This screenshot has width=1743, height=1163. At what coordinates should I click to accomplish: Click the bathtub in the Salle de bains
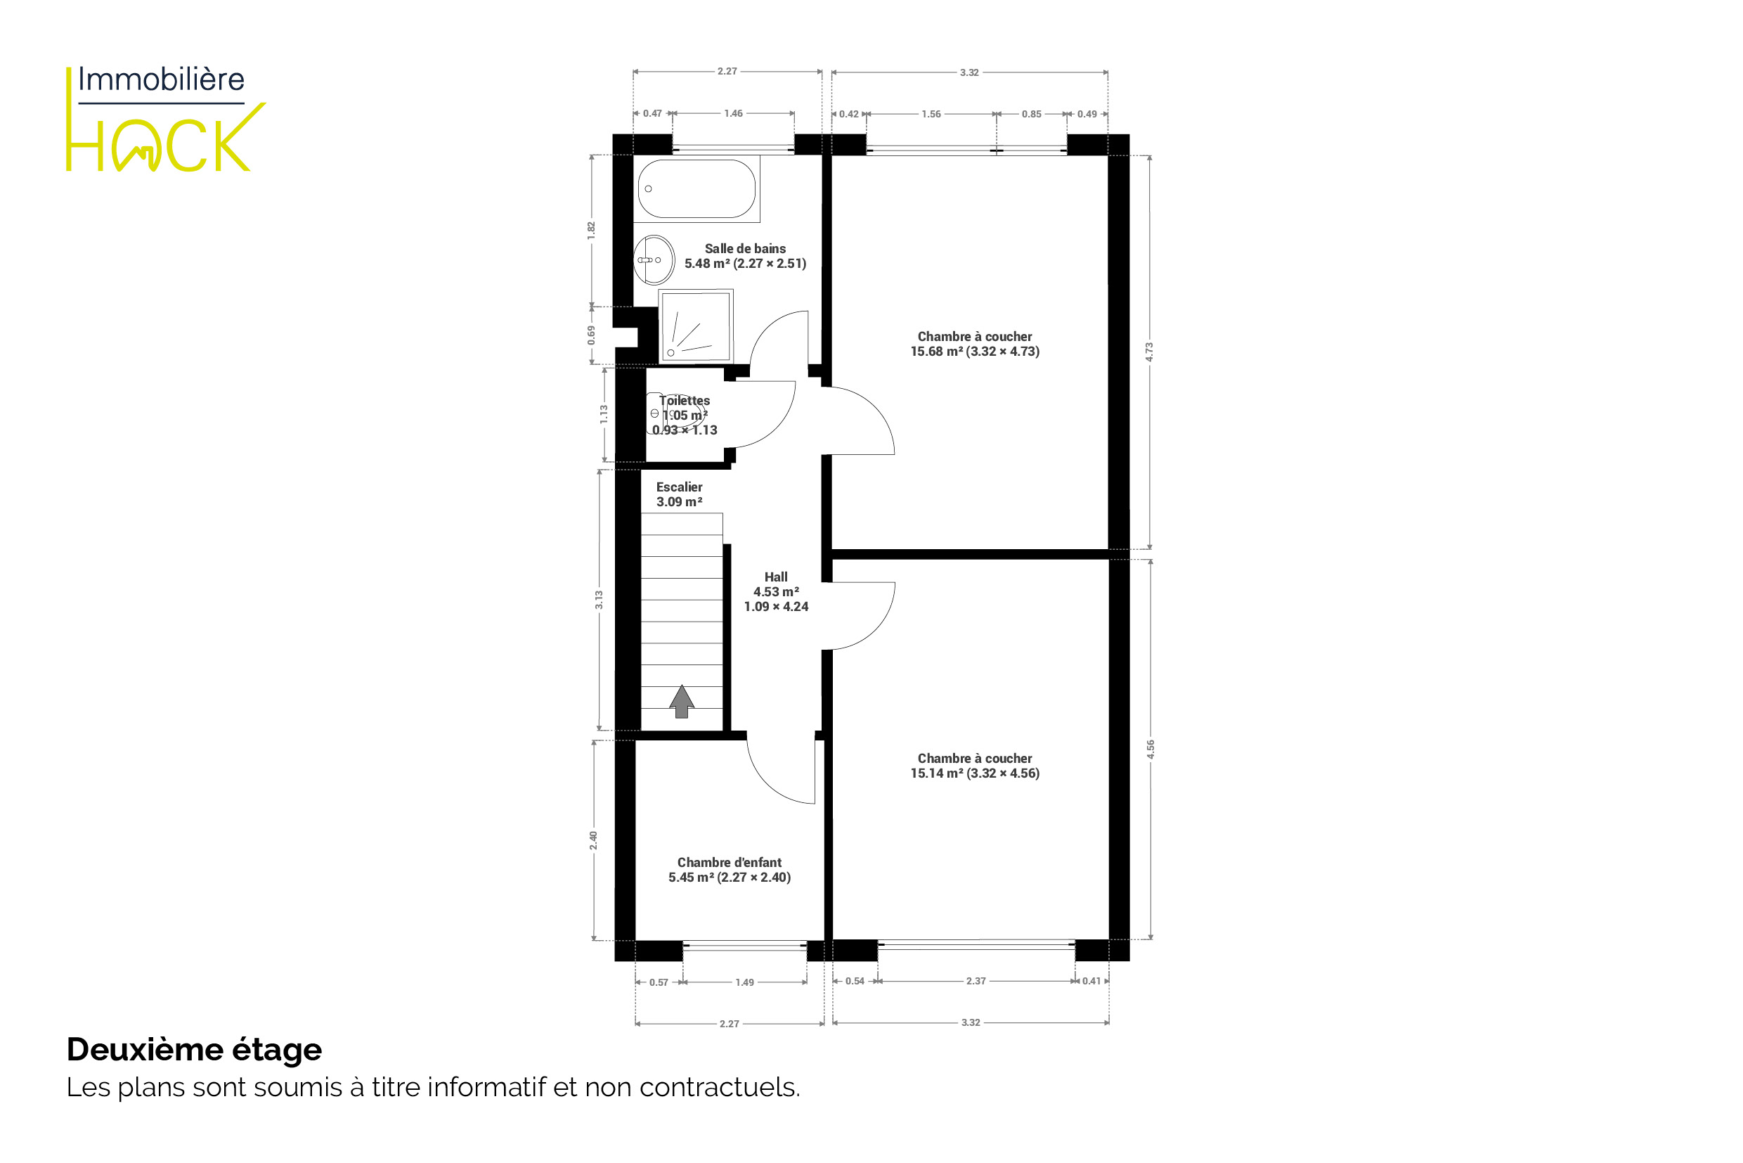coord(697,188)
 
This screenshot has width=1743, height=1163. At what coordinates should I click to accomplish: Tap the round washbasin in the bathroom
coord(654,260)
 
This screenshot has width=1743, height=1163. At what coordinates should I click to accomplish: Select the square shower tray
coord(695,326)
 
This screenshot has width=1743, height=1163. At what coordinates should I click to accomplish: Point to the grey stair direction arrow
coord(681,702)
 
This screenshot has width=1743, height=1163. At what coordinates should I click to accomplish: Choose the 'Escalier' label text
coord(679,487)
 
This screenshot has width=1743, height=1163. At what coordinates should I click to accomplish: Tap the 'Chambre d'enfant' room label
coord(730,863)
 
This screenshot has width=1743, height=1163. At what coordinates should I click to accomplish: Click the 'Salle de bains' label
coord(745,249)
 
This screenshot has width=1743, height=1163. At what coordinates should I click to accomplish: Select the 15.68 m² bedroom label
coord(975,344)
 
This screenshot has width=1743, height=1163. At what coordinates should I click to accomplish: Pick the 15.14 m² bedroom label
coord(975,766)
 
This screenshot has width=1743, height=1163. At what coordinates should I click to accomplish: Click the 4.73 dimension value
coord(1149,352)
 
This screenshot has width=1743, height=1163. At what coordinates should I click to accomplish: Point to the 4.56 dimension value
coord(1151,749)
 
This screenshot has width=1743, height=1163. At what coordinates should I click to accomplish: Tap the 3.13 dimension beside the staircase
coord(599,600)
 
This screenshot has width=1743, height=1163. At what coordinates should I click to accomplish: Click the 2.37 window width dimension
coord(976,982)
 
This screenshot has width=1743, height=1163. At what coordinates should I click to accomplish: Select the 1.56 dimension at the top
coord(931,114)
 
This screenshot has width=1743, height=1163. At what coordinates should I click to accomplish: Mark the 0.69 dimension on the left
coord(591,335)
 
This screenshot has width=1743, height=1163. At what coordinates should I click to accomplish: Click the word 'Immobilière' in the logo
coord(161,79)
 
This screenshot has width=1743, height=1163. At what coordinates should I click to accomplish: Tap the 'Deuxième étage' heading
coord(194,1050)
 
